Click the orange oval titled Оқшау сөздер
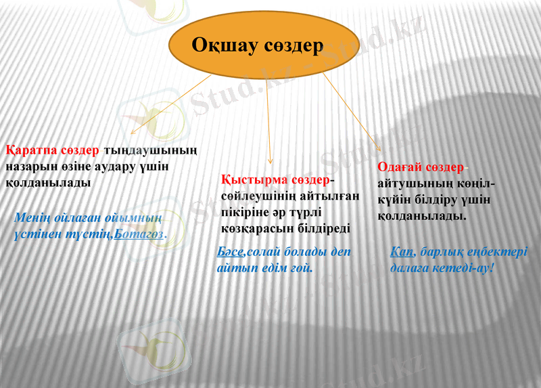pos(258,45)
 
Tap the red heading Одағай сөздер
pos(421,167)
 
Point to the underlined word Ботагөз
pos(140,234)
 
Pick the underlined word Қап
pos(402,253)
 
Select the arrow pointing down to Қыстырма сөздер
pos(269,118)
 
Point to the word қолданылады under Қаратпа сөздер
pos(47,183)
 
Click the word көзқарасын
pos(251,228)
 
